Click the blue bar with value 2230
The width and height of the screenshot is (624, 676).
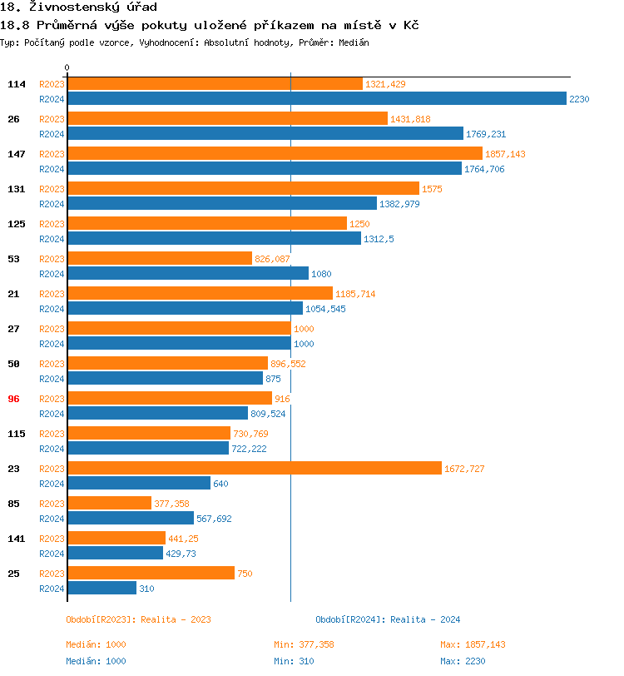(316, 98)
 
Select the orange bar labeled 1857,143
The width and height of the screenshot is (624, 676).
(275, 154)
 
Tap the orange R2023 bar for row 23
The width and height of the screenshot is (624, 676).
(254, 469)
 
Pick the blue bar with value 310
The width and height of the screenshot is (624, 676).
(102, 588)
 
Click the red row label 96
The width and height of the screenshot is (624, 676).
(13, 399)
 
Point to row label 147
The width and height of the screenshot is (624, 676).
(17, 154)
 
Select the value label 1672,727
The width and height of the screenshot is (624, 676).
(464, 469)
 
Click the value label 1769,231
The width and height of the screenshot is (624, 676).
(486, 134)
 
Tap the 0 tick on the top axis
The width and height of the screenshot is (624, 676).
(67, 67)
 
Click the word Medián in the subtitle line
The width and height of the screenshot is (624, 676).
(354, 42)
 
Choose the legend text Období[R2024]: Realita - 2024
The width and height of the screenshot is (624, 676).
(388, 619)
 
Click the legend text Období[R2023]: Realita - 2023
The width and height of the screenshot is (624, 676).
(138, 619)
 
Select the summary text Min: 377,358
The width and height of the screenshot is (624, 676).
(304, 644)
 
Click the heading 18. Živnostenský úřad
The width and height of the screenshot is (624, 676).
(78, 7)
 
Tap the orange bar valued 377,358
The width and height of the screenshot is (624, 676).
(109, 504)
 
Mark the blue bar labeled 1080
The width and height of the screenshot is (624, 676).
(187, 273)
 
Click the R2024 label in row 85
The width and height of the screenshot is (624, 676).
(52, 519)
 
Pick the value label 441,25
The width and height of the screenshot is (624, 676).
(183, 539)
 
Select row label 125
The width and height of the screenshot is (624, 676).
(17, 224)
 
